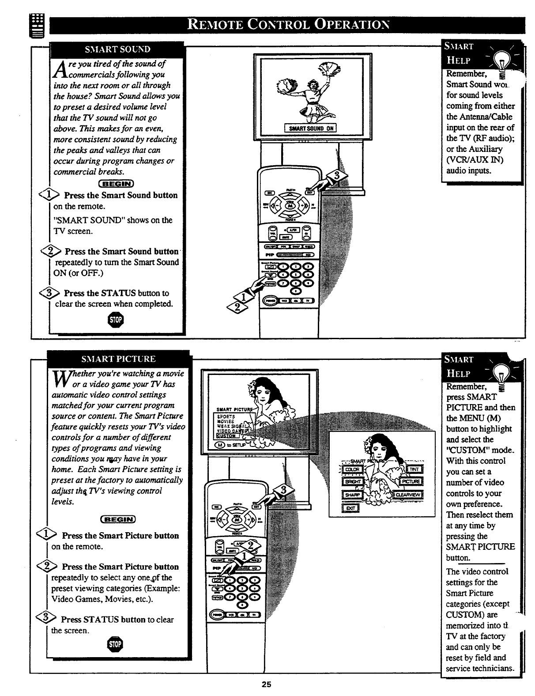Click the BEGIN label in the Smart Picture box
(x=118, y=519)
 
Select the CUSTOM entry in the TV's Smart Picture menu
(x=226, y=435)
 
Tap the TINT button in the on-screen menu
(x=414, y=469)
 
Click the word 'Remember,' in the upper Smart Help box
(x=466, y=74)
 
